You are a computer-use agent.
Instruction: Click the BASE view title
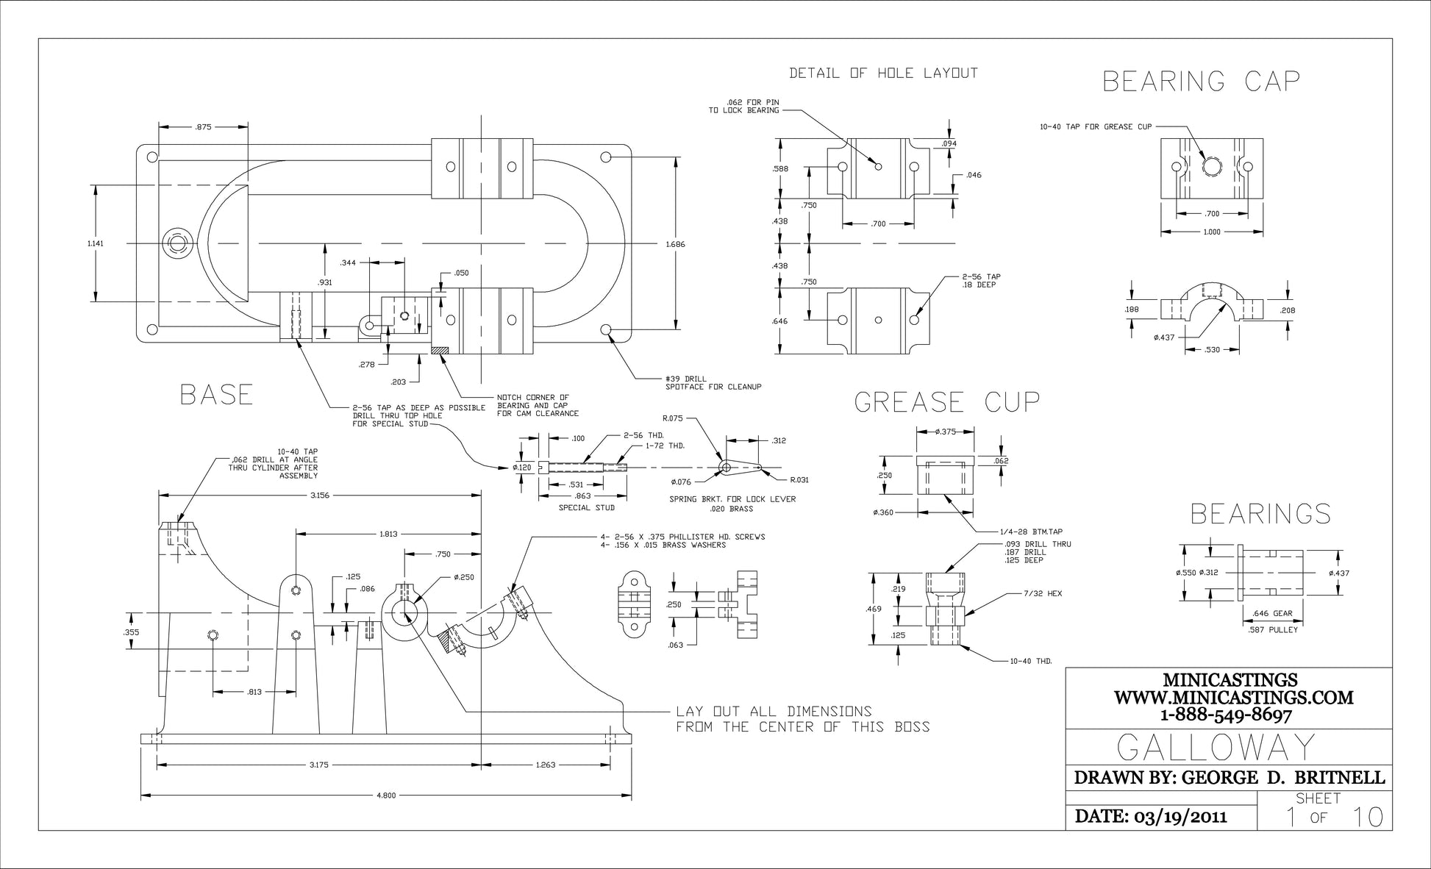[216, 395]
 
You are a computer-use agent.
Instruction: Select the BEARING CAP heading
[1201, 81]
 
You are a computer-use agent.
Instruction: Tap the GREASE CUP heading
[947, 401]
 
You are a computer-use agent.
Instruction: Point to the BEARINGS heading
[1260, 514]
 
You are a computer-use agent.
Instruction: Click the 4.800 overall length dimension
[386, 795]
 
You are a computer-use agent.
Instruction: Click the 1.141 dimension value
[95, 243]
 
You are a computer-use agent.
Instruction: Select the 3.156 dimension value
[319, 496]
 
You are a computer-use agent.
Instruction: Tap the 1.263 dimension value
[546, 765]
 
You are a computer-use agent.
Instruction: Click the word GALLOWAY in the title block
[1216, 747]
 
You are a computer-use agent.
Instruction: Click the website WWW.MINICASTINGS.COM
[1233, 697]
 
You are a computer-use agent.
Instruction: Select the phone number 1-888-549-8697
[1226, 714]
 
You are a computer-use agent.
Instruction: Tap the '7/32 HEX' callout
[1043, 593]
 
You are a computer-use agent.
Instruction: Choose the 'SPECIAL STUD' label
[586, 508]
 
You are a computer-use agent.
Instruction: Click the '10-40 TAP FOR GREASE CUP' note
[1096, 126]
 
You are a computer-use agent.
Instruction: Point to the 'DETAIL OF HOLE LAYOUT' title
[883, 73]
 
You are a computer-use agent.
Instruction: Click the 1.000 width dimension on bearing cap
[1211, 232]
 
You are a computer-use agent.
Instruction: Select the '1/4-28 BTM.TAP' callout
[1031, 531]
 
